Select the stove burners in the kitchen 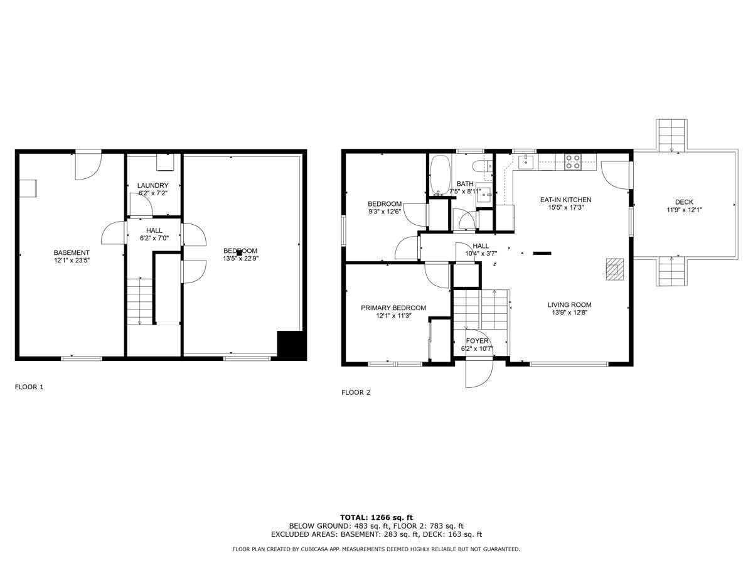click(x=573, y=162)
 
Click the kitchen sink click(x=526, y=163)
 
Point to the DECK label click(x=684, y=202)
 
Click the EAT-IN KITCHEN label click(x=565, y=200)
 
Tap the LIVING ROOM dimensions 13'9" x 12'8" click(x=571, y=313)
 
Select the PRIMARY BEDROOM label click(x=393, y=308)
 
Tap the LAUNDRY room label click(x=152, y=185)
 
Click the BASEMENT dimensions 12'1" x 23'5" click(x=72, y=261)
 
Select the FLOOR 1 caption click(x=29, y=387)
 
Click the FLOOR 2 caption click(x=355, y=393)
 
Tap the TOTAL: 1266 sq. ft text click(x=376, y=517)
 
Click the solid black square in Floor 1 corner click(x=291, y=345)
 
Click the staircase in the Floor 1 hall click(x=139, y=301)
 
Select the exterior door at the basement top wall click(x=88, y=164)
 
